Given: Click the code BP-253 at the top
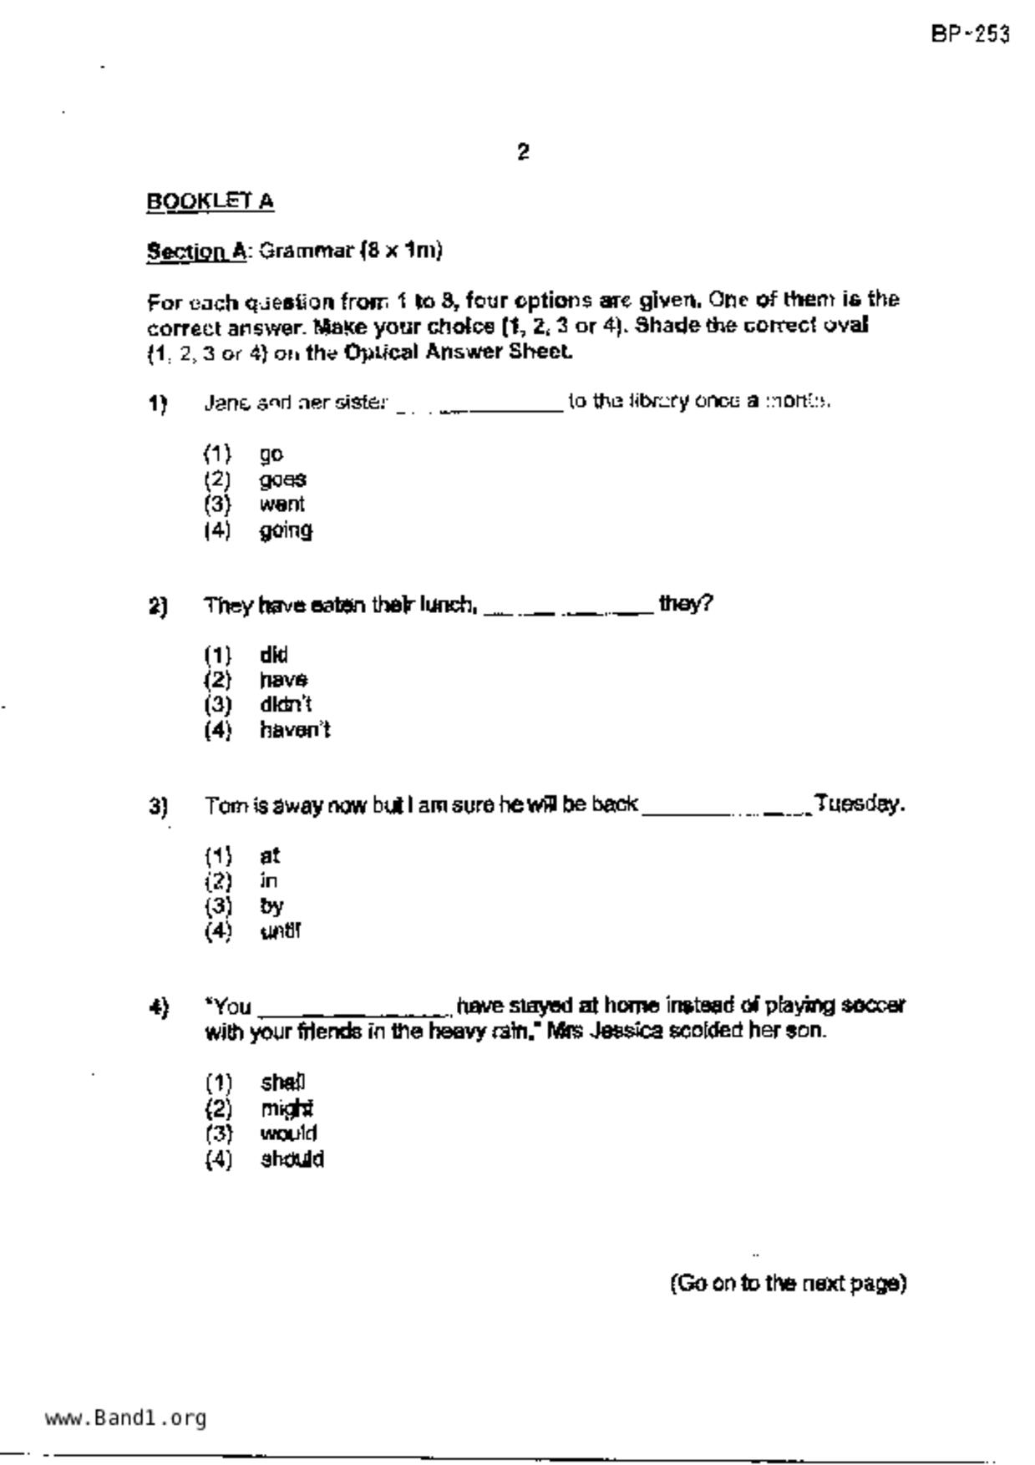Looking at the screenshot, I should [970, 35].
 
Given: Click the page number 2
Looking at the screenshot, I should [523, 152].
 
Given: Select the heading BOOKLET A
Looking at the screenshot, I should [210, 201].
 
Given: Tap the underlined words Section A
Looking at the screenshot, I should [196, 251].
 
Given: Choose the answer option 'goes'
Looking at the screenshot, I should [282, 479].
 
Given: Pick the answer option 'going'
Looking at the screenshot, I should [286, 530].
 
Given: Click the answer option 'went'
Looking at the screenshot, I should [282, 504].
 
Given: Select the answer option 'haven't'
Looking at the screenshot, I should [295, 730].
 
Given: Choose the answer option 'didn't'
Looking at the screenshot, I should [286, 705].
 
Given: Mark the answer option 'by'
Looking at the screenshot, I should [271, 906].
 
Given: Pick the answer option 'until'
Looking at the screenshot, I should [280, 931].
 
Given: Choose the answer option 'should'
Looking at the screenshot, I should [292, 1159].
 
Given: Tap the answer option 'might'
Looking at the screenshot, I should [287, 1108].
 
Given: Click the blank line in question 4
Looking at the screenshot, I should [354, 1013].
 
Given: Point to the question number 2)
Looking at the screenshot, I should [158, 606].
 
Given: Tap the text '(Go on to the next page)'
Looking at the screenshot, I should [788, 1283].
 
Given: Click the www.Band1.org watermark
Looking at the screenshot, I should [125, 1417].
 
